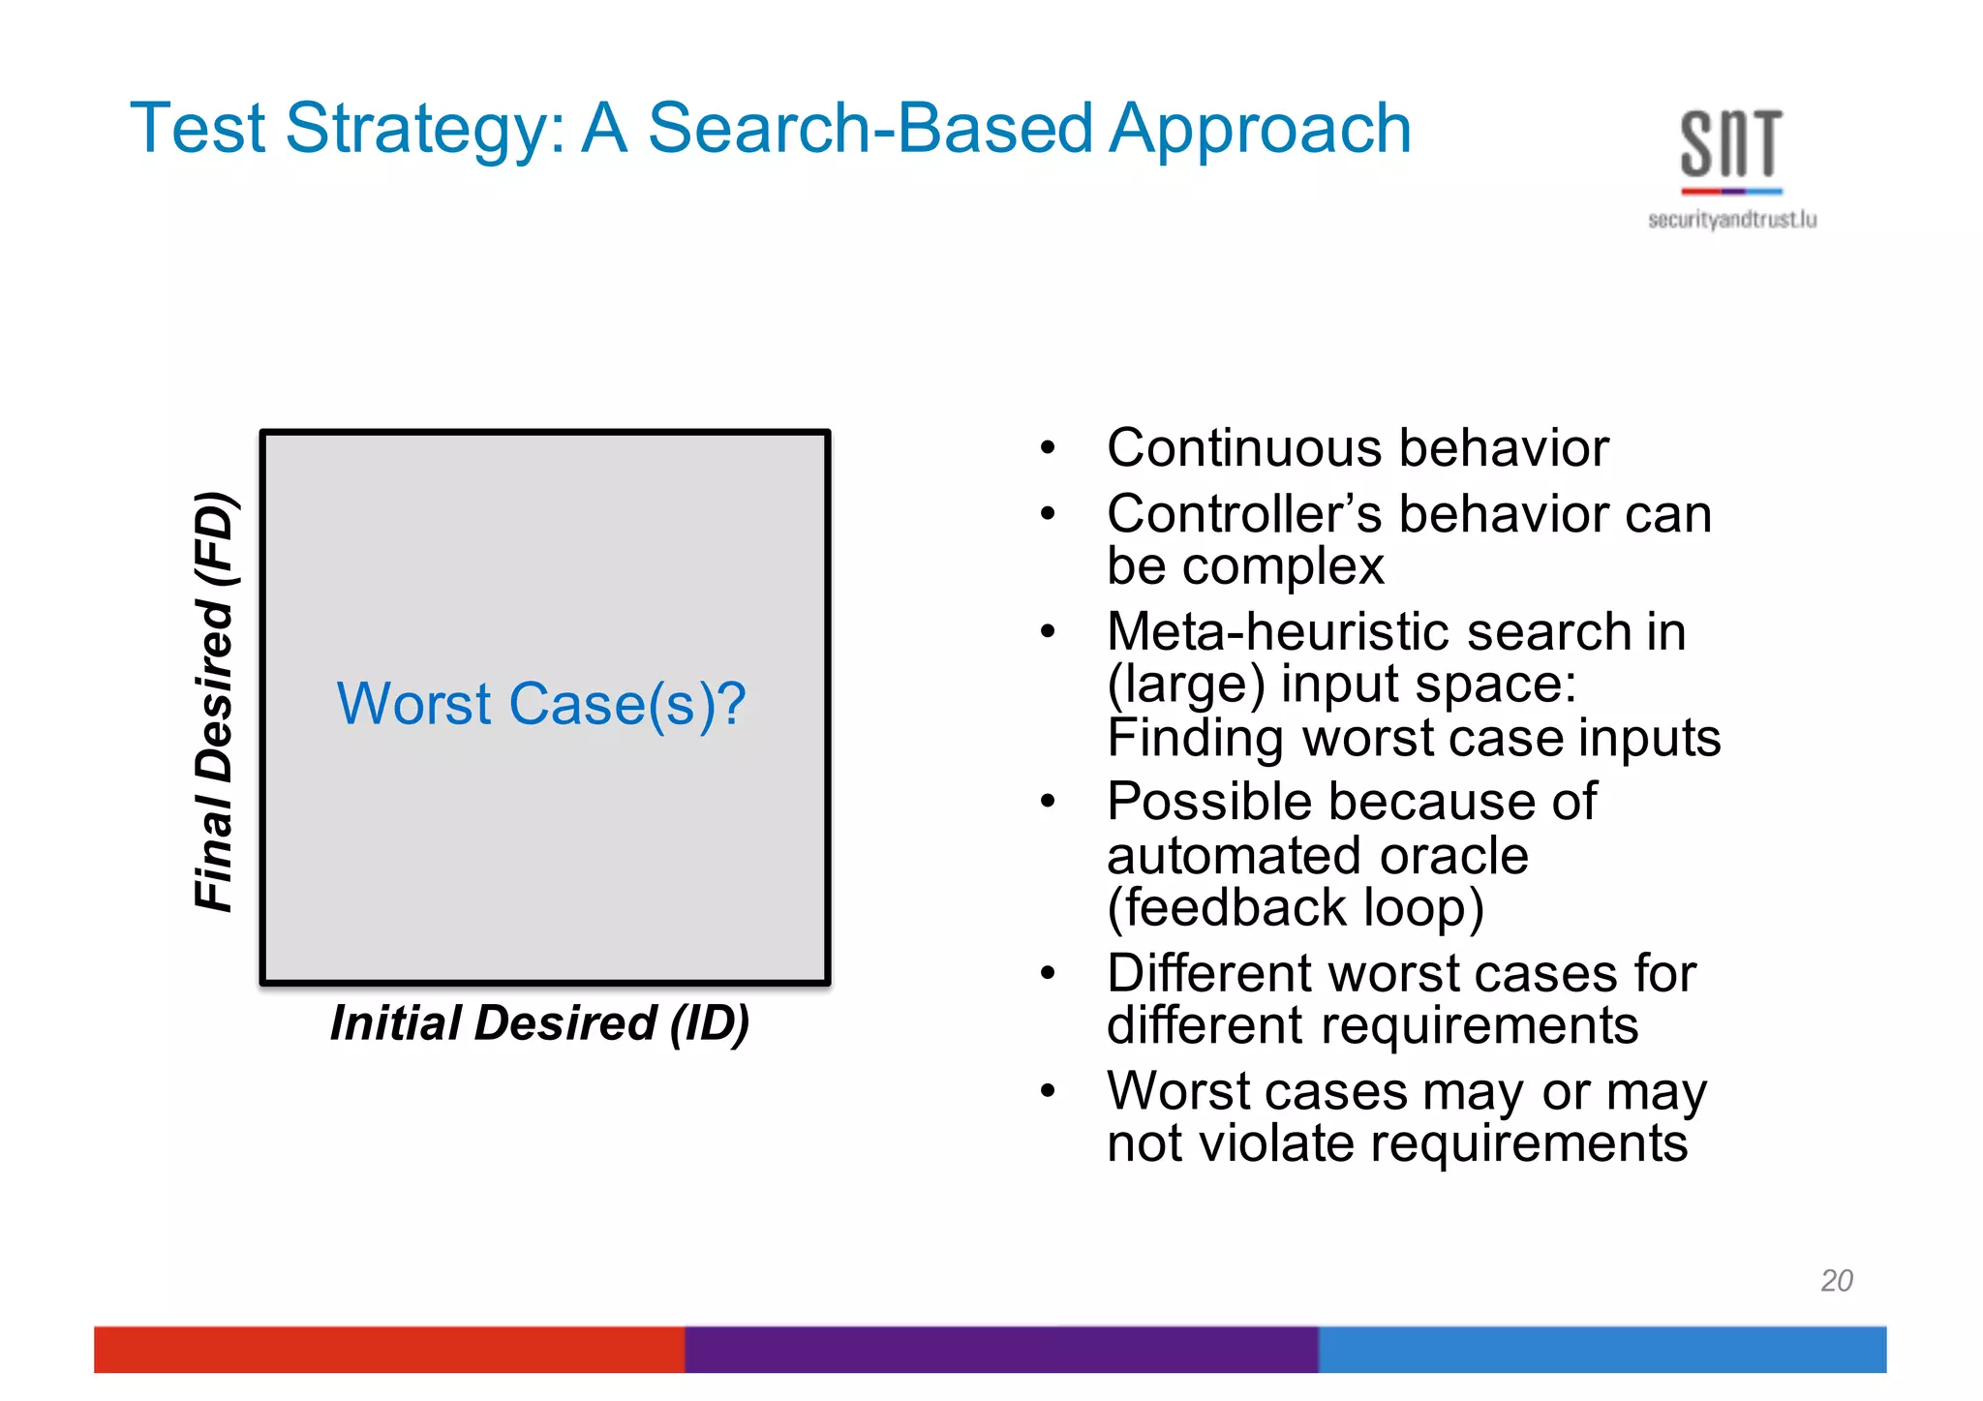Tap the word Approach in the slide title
click(1260, 131)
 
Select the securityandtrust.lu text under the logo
click(1731, 220)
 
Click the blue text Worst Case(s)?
click(541, 704)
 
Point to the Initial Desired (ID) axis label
click(539, 1023)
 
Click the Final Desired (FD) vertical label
click(215, 701)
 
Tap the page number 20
click(1836, 1280)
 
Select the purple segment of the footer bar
click(1000, 1349)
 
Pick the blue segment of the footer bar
click(1602, 1349)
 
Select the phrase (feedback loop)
click(1296, 908)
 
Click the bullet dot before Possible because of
click(1047, 802)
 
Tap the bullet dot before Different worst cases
click(1047, 973)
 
